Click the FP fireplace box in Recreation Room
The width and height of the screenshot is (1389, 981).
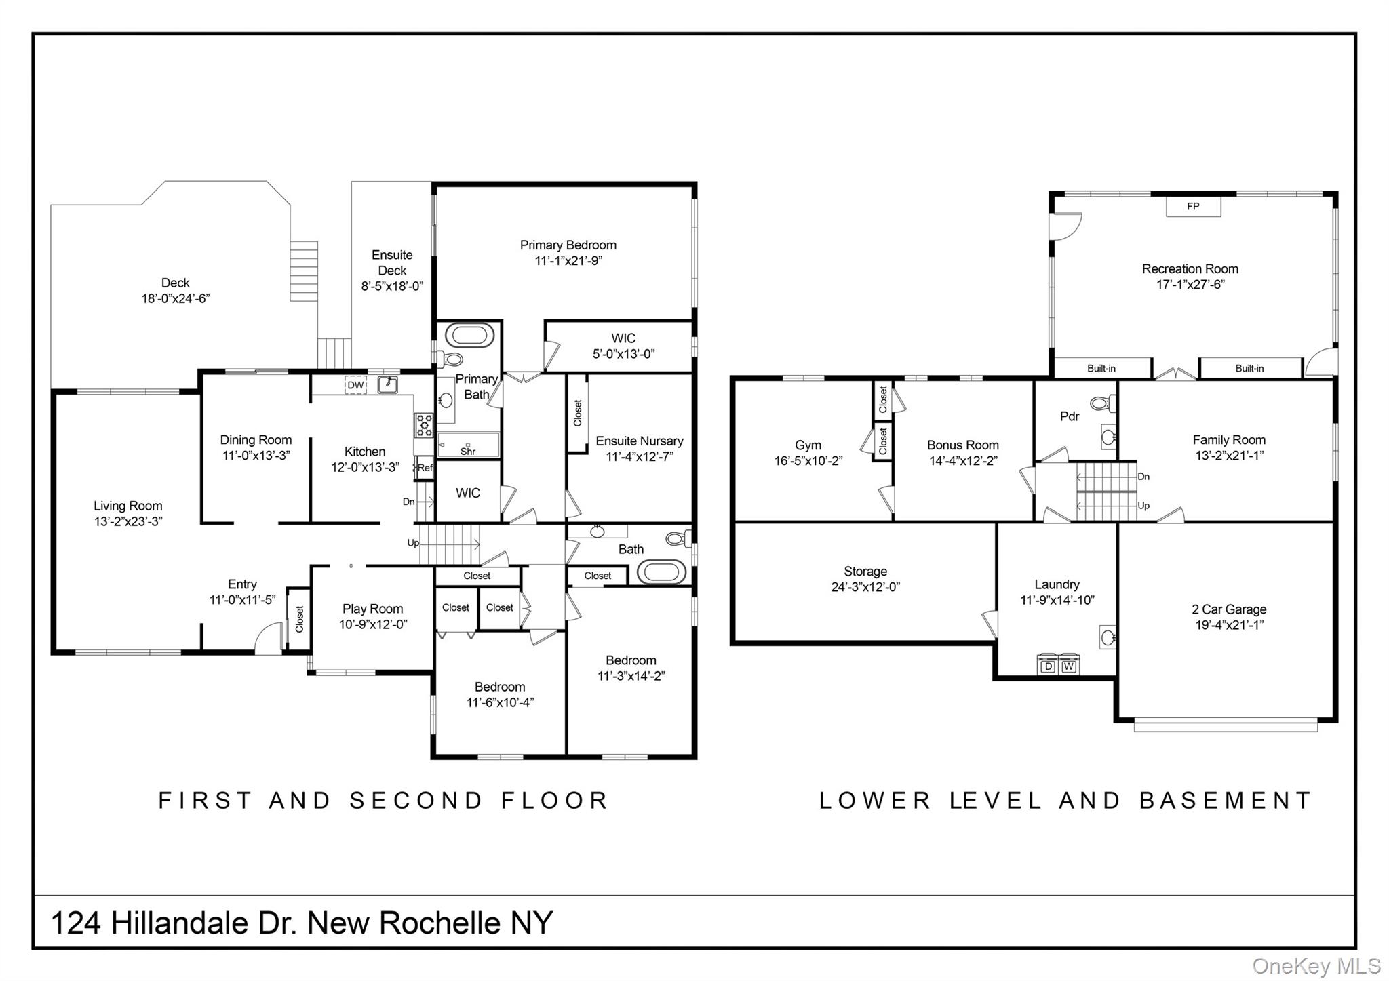coord(1192,207)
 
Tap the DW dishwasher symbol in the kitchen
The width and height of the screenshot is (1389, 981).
coord(355,385)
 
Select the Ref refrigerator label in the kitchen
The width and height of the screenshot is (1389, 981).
coord(425,468)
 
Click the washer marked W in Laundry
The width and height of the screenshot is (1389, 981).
coord(1069,666)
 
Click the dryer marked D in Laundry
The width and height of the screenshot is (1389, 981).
coord(1048,666)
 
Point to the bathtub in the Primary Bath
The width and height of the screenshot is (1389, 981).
coord(469,336)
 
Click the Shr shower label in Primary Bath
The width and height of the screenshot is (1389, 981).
coord(468,451)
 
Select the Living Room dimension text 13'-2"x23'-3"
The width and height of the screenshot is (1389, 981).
coord(128,521)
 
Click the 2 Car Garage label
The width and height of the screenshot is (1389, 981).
coord(1229,609)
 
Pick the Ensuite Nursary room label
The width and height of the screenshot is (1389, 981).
coord(639,441)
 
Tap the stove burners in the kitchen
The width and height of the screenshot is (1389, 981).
coord(425,425)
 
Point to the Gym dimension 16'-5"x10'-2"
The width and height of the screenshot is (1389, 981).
coord(808,461)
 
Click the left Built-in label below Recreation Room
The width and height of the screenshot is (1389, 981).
coord(1101,368)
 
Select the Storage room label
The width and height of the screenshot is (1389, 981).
coord(865,572)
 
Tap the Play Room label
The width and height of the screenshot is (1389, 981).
coord(372,609)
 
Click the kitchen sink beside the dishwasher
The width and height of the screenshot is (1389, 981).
coord(387,384)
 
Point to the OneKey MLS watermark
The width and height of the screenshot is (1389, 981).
coord(1316,965)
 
